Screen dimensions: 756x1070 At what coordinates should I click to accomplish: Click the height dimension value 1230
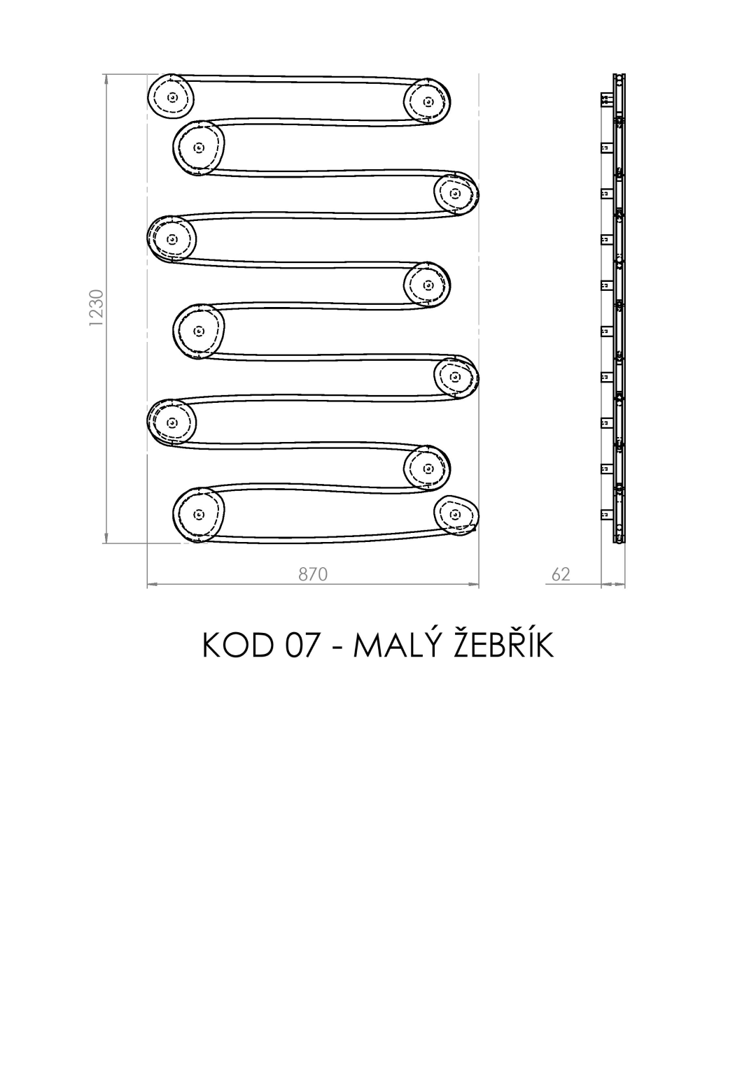point(97,308)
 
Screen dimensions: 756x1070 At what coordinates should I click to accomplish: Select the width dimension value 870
point(313,575)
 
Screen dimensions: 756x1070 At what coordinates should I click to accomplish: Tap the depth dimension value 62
point(561,575)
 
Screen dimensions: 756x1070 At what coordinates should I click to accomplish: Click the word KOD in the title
point(238,645)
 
